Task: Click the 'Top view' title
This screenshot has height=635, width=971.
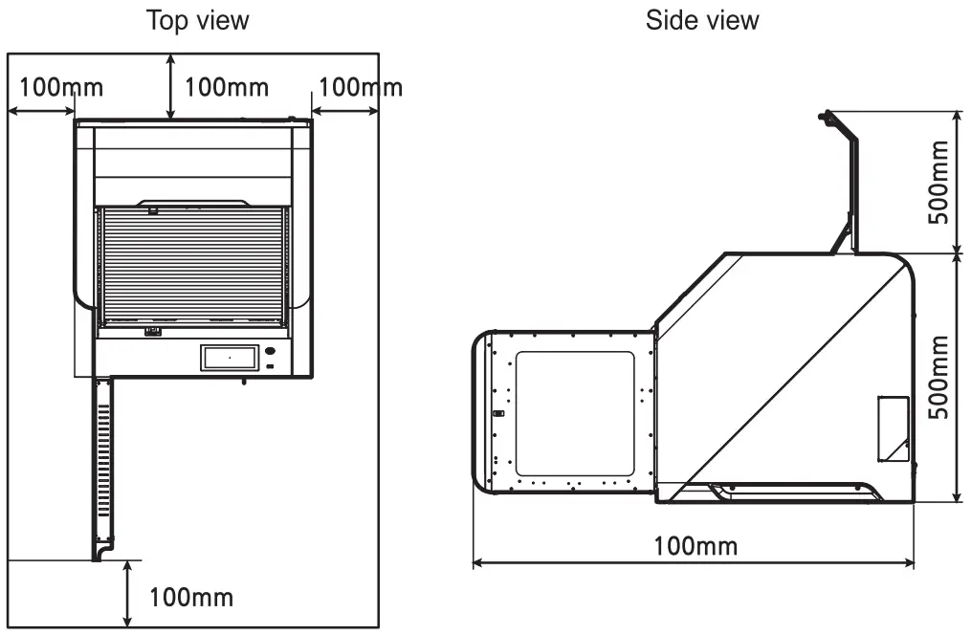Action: (x=196, y=21)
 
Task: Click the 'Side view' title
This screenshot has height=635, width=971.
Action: (x=702, y=21)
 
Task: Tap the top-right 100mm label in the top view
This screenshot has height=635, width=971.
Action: (x=360, y=87)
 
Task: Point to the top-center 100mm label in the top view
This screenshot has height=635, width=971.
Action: (x=227, y=87)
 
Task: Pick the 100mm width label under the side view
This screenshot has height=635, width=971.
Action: (x=695, y=546)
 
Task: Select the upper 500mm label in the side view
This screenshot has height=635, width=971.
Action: (x=939, y=182)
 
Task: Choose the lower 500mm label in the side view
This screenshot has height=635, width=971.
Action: (x=939, y=376)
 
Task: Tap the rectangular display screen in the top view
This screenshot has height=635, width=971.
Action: (x=230, y=358)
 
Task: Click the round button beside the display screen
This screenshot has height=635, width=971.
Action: (x=271, y=351)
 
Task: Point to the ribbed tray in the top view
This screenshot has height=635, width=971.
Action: (x=193, y=263)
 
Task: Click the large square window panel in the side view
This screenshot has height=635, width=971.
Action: (x=575, y=413)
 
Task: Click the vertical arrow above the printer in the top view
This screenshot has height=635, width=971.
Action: (x=170, y=87)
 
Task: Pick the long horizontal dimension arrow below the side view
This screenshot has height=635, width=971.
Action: (x=695, y=563)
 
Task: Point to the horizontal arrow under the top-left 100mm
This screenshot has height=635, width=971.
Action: (x=41, y=112)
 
